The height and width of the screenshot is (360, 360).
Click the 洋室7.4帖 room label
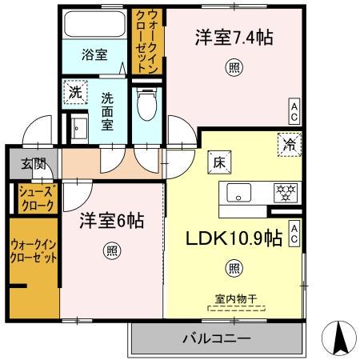coord(230,38)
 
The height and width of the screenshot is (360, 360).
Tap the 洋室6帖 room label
coord(111,222)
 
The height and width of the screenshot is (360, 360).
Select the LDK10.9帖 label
coord(234,238)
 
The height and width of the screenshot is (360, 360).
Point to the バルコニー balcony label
coord(215,338)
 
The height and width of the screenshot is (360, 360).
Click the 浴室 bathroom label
coord(94,55)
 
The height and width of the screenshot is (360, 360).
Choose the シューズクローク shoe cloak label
coord(35,199)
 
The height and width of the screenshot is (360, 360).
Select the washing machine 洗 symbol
coord(74,92)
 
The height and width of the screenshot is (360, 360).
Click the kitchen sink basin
coord(241,192)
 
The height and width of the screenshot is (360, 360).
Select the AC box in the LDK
coord(294,232)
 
